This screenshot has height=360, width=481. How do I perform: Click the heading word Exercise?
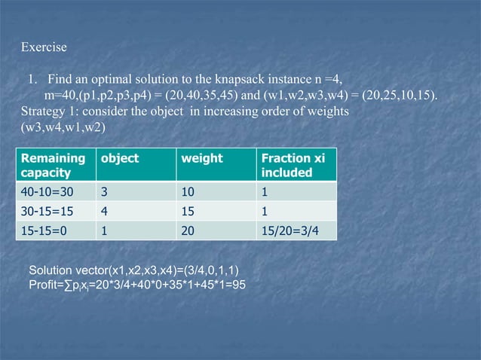tap(44, 47)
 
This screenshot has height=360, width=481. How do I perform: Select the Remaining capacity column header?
tap(53, 166)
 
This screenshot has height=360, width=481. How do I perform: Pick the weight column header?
tap(202, 159)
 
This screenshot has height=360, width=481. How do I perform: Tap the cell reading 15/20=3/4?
tap(289, 231)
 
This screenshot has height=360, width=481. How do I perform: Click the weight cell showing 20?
tap(188, 231)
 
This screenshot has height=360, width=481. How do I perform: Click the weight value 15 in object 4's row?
tap(188, 212)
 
